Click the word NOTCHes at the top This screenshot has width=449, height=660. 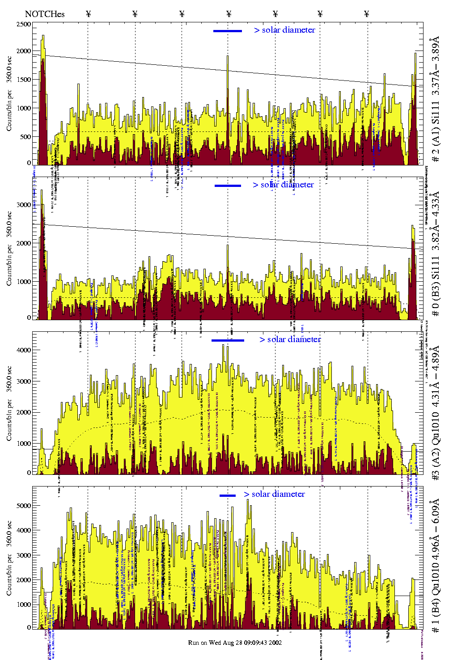click(x=45, y=14)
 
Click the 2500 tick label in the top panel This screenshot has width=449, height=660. click(x=24, y=25)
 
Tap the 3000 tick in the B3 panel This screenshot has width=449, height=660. click(x=24, y=205)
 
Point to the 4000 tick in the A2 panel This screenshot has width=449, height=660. click(x=24, y=350)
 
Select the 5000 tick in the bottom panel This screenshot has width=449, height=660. click(x=24, y=506)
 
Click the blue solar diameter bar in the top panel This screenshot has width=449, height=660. click(x=228, y=31)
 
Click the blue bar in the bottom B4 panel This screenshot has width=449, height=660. click(x=228, y=495)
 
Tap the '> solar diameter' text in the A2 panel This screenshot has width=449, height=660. click(x=290, y=339)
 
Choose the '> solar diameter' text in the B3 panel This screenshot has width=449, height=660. click(x=283, y=185)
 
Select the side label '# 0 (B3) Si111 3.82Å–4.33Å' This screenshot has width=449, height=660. click(x=436, y=254)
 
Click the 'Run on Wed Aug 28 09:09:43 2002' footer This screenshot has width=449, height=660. click(x=235, y=643)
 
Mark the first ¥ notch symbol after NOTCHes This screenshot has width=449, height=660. click(x=89, y=14)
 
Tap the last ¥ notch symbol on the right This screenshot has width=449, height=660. click(x=367, y=14)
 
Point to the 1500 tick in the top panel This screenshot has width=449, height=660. click(x=24, y=80)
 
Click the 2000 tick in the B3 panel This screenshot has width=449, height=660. click(x=24, y=243)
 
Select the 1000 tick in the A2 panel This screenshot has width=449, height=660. click(x=24, y=444)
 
